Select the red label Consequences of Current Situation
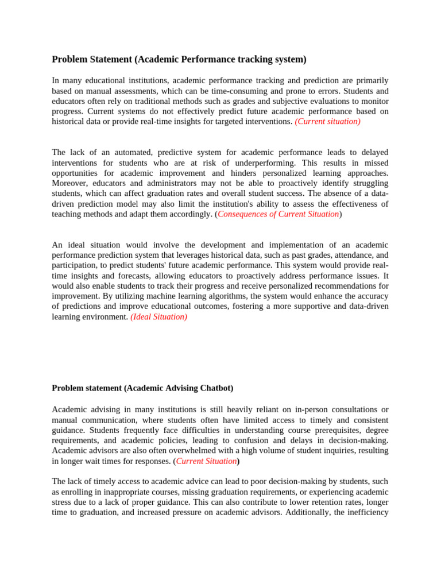(x=278, y=214)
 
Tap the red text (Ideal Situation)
(x=158, y=317)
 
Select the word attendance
(x=341, y=255)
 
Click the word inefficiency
(x=367, y=512)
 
